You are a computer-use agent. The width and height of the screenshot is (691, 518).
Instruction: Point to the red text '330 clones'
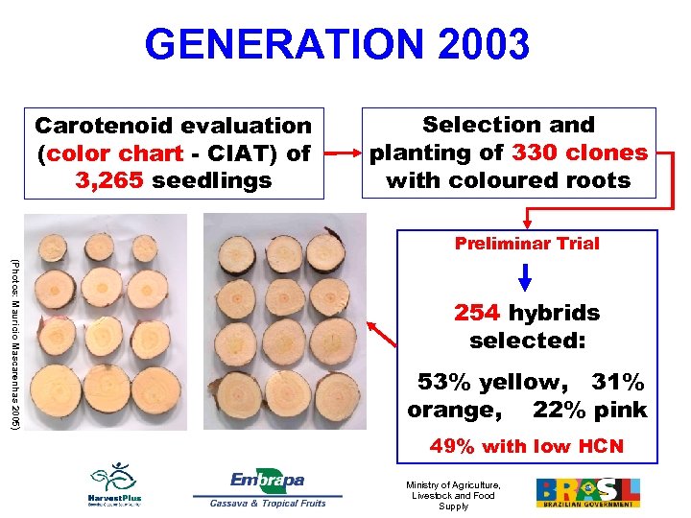pyautogui.click(x=580, y=153)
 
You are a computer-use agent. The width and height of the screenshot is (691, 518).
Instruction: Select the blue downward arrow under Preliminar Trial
pyautogui.click(x=527, y=276)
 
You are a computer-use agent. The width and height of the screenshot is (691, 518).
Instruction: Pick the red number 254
pyautogui.click(x=477, y=313)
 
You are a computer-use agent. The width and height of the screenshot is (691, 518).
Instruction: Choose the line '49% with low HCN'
pyautogui.click(x=527, y=446)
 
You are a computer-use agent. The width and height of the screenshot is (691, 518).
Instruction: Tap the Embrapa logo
pyautogui.click(x=267, y=480)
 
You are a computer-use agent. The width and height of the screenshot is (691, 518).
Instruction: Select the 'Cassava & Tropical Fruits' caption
pyautogui.click(x=268, y=503)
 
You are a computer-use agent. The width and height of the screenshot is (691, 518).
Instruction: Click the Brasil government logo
pyautogui.click(x=586, y=492)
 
